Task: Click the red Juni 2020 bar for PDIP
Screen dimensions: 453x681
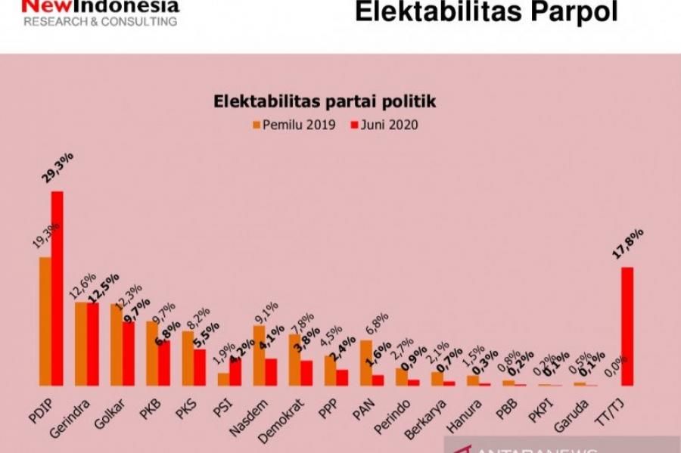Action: pyautogui.click(x=57, y=288)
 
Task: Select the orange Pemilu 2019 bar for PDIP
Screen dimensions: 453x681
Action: pyautogui.click(x=45, y=321)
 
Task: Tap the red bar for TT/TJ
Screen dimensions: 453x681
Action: pyautogui.click(x=627, y=326)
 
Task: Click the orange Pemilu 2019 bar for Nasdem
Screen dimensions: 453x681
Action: pyautogui.click(x=260, y=355)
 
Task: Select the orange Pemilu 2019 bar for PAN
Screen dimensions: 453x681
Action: pyautogui.click(x=366, y=363)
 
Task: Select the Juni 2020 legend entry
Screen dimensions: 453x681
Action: pyautogui.click(x=384, y=125)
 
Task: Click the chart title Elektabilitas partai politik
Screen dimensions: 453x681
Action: pyautogui.click(x=325, y=101)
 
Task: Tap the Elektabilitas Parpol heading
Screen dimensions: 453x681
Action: pyautogui.click(x=486, y=13)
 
